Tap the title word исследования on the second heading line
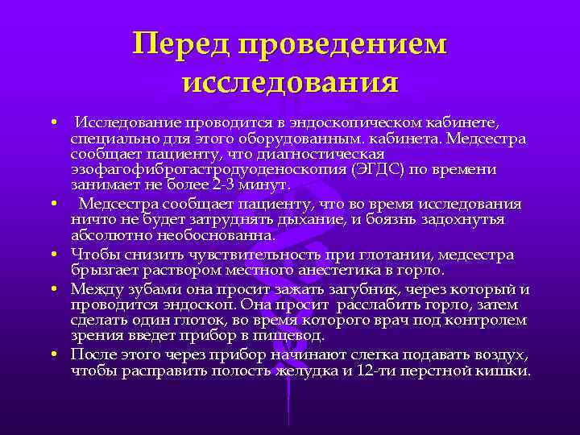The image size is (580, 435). (x=290, y=81)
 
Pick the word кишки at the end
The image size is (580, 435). (x=508, y=372)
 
